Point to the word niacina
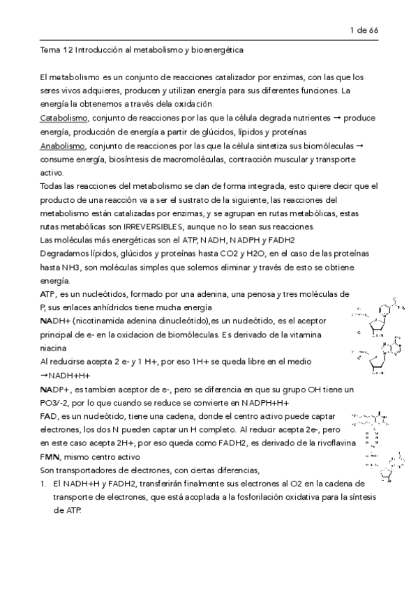(x=54, y=348)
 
